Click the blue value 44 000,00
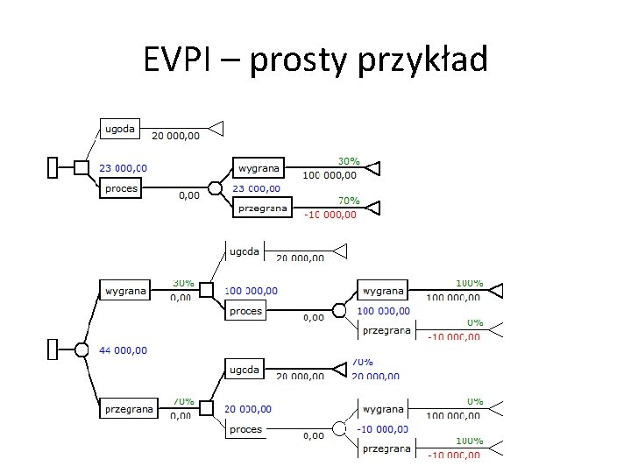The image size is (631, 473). [124, 350]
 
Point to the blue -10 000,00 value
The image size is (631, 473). [384, 429]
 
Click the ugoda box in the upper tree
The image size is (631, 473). [120, 130]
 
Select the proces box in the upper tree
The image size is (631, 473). [121, 188]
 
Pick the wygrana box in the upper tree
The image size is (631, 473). [258, 167]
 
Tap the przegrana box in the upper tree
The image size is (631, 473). [262, 208]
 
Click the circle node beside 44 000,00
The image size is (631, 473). [82, 349]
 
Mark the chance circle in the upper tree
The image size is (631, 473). [215, 188]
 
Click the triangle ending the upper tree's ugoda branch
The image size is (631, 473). [216, 129]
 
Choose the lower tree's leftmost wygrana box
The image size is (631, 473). [126, 290]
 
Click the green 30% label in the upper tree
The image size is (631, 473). [349, 161]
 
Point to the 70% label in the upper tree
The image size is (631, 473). [349, 201]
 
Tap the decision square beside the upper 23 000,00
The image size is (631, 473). [81, 167]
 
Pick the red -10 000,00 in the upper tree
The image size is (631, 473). [330, 215]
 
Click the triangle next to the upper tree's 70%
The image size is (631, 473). [374, 208]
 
